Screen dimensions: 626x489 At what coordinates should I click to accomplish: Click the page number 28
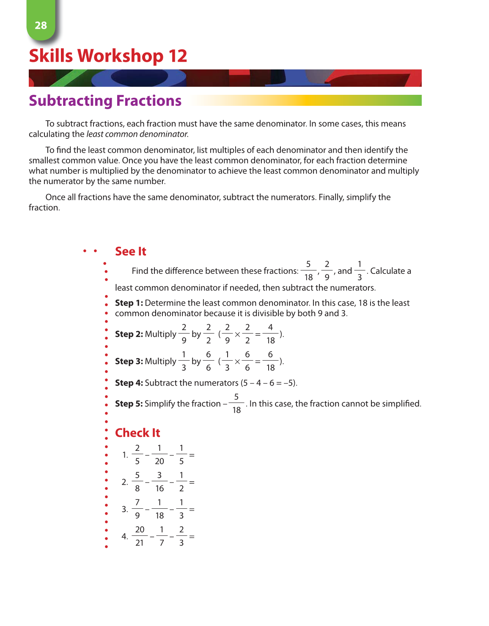(41, 25)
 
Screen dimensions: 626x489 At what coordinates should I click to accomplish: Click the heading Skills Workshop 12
(108, 56)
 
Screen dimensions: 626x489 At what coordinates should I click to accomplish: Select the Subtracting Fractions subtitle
(105, 101)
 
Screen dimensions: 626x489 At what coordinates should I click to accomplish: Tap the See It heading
(130, 251)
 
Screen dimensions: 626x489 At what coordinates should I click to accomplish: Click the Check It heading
(137, 433)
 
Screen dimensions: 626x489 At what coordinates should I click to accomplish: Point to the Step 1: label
(129, 303)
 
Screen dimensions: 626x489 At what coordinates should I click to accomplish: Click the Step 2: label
(129, 334)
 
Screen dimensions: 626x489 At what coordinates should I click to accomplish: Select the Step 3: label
(129, 361)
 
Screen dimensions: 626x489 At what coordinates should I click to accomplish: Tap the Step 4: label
(129, 383)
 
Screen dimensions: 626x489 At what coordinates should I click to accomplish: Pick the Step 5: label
(129, 404)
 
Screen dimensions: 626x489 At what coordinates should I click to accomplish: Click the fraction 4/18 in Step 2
(270, 334)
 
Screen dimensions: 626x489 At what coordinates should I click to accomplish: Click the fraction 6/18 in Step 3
(270, 361)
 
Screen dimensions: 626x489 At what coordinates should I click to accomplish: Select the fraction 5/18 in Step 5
(236, 404)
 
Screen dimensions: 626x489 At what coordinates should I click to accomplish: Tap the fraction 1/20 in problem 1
(159, 455)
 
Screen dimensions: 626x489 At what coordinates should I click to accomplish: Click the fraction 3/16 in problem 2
(159, 482)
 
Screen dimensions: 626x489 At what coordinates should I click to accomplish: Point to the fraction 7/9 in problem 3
(137, 509)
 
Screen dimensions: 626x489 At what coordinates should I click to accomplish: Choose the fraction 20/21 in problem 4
(140, 536)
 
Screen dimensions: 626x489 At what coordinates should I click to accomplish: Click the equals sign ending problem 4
(192, 537)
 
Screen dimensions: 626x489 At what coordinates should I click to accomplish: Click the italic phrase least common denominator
(137, 134)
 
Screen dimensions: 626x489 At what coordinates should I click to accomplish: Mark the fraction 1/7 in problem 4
(162, 536)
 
